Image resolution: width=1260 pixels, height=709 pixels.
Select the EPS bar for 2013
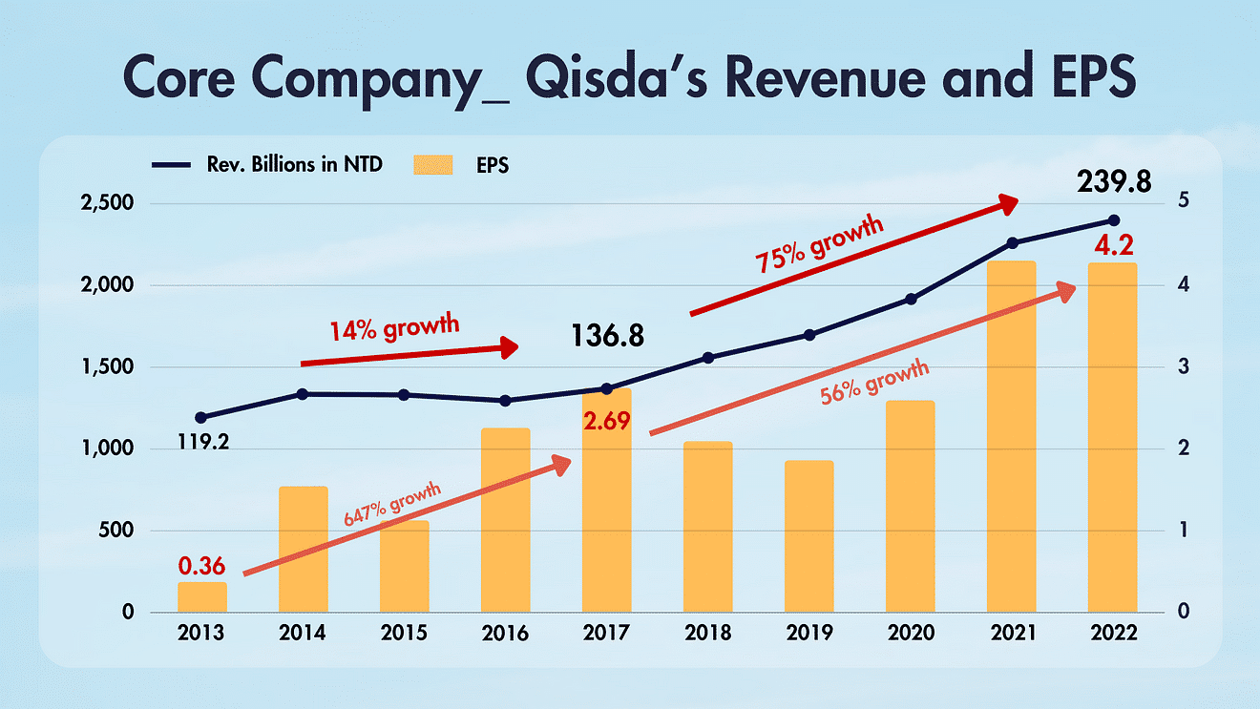coord(202,596)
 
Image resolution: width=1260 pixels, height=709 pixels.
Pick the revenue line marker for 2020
coord(911,299)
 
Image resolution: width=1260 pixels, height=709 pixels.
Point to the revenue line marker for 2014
coord(303,393)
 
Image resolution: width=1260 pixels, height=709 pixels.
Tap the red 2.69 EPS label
coord(606,420)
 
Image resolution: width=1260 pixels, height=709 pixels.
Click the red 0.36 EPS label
coord(201,565)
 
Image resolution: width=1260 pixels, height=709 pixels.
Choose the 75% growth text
coord(821,244)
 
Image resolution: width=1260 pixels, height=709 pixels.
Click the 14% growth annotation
coord(394,327)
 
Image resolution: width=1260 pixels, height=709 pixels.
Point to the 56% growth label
coord(875,383)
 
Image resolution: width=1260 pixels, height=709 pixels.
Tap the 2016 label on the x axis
coord(505,633)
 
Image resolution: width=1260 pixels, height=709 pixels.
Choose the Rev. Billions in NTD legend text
coord(295,164)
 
